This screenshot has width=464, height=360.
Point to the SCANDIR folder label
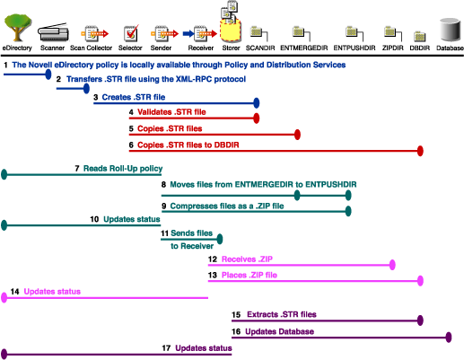tap(259, 46)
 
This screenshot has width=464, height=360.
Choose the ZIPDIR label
tap(390, 46)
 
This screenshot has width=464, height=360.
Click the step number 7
tap(78, 168)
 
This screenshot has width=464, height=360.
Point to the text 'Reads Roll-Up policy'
tap(123, 168)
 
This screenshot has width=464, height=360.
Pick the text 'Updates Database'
tap(278, 331)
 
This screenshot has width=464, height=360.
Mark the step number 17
tap(166, 347)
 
